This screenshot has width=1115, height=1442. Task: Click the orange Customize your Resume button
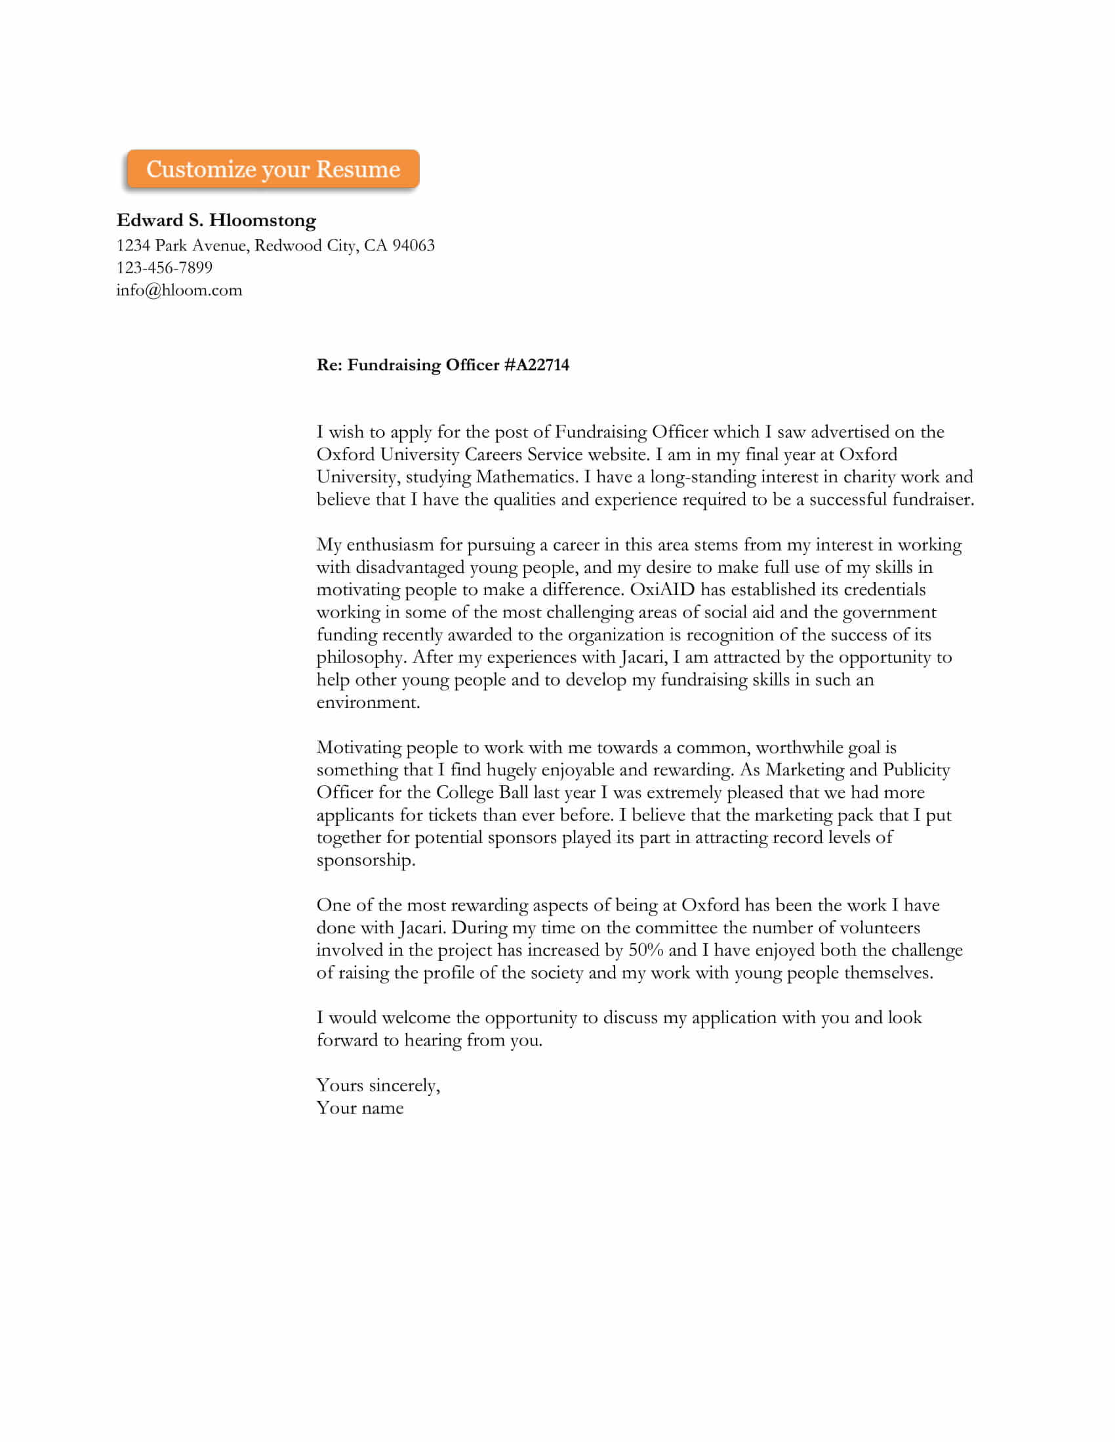(273, 170)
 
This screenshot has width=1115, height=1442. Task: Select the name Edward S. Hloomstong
(216, 220)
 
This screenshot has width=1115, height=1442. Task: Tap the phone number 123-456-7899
(165, 267)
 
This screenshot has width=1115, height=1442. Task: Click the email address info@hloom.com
(179, 290)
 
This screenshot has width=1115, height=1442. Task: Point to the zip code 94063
(413, 246)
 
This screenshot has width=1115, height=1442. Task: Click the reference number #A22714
(537, 365)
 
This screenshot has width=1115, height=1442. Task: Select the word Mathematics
(527, 477)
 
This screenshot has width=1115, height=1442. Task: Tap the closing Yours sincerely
(378, 1085)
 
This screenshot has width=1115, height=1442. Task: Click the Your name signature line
(360, 1108)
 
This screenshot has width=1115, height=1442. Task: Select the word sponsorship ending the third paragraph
(365, 861)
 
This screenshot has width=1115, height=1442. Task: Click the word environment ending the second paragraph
(367, 703)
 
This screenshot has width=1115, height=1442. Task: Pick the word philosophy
(361, 657)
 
